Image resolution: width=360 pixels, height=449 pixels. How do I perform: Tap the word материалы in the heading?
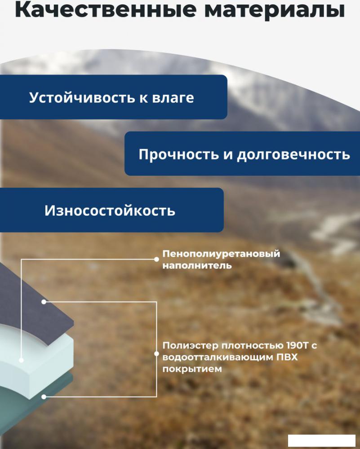click(x=275, y=10)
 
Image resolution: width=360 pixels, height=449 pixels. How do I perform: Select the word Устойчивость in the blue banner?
click(x=82, y=97)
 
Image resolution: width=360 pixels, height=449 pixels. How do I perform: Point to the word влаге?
click(x=173, y=97)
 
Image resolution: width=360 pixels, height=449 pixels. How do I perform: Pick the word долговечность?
click(x=293, y=154)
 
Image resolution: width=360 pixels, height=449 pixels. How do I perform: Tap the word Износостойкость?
click(x=110, y=211)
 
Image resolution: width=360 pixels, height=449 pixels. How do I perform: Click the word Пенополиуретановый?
click(x=221, y=254)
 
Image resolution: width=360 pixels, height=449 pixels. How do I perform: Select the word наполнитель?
click(x=197, y=265)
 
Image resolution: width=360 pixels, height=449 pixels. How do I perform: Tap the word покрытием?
click(x=192, y=369)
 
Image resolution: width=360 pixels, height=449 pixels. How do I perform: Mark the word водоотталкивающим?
click(x=218, y=357)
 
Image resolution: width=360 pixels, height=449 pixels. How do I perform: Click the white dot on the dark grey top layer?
click(x=44, y=302)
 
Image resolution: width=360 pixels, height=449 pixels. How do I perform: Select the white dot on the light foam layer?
click(x=21, y=360)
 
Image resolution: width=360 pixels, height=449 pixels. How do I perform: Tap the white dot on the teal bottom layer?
click(x=44, y=397)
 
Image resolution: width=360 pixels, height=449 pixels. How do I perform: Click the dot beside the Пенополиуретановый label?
click(x=156, y=259)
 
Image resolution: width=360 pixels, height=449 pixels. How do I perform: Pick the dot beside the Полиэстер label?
click(x=156, y=354)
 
